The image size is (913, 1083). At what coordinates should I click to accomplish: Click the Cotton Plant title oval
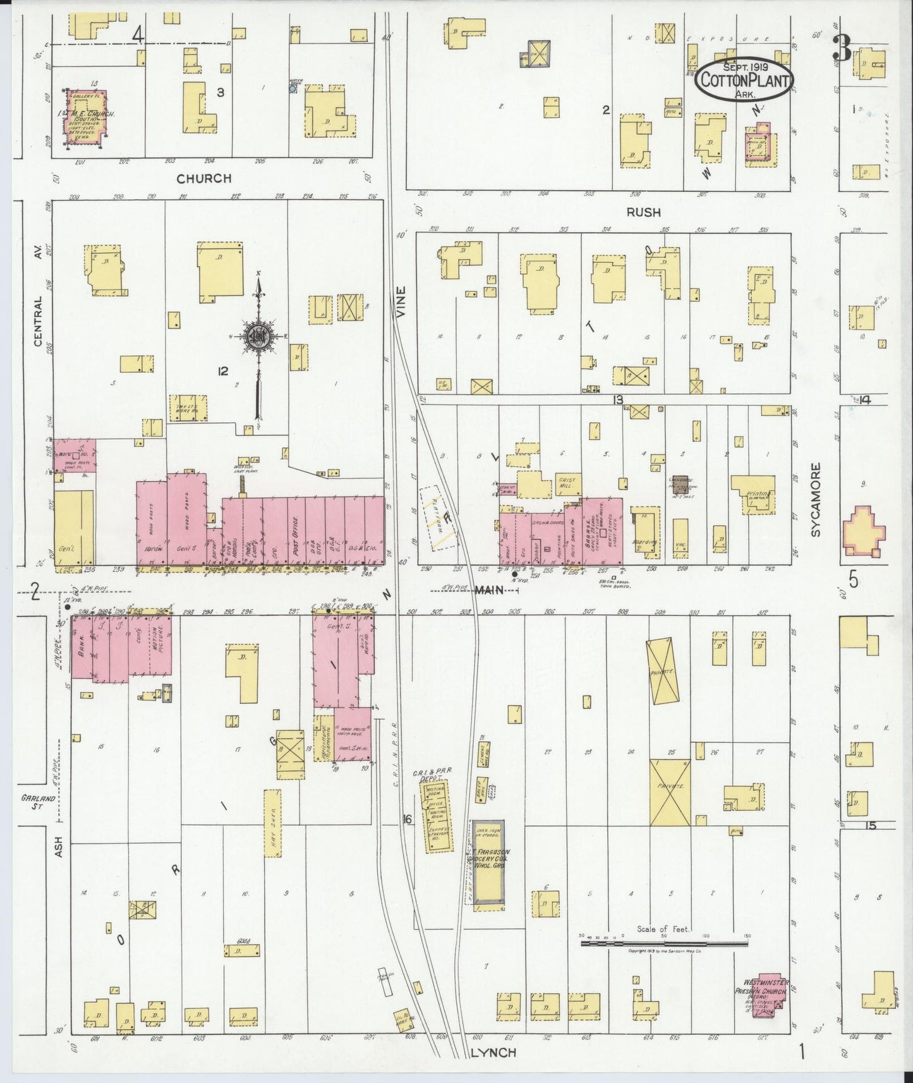[743, 80]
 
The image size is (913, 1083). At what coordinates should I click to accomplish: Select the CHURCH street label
[203, 178]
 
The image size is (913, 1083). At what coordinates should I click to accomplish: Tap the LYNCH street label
[494, 1052]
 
